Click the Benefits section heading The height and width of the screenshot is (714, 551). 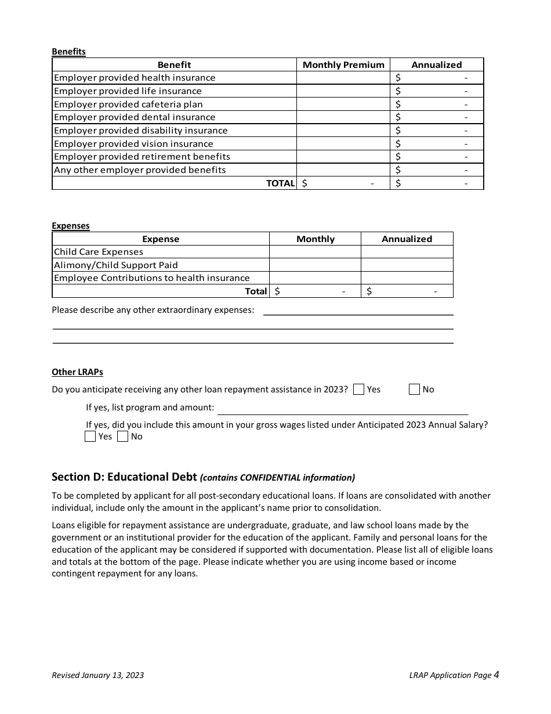(68, 52)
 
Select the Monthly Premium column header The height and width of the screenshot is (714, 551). (343, 65)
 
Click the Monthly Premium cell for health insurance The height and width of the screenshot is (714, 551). (343, 78)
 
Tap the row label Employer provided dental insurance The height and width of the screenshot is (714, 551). (135, 117)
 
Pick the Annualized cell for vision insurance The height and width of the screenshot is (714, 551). (437, 144)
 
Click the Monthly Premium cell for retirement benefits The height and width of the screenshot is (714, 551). (343, 157)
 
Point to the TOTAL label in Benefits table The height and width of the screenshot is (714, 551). (280, 183)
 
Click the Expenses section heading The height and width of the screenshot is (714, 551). (71, 226)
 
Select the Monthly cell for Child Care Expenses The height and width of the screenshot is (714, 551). (315, 252)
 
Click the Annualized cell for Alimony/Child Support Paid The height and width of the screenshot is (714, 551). (407, 265)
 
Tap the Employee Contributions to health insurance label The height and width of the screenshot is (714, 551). (152, 278)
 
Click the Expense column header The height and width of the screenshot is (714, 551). (161, 239)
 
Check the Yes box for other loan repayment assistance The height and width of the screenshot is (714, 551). (358, 390)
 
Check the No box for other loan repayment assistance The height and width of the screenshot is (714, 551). (414, 390)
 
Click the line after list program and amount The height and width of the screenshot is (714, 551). (342, 409)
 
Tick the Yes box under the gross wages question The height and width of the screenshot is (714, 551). (90, 437)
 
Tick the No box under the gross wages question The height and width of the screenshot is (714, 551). (122, 437)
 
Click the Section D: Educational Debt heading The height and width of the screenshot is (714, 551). (125, 477)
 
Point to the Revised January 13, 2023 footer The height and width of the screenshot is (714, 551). (97, 675)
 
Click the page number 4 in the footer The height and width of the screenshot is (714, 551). (496, 675)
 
